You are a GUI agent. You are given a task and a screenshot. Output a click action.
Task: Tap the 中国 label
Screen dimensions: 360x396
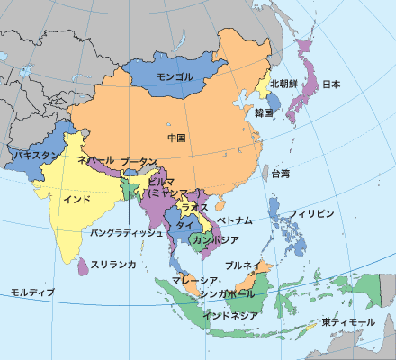(176, 138)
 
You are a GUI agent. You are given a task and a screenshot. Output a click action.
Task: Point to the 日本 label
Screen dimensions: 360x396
(331, 85)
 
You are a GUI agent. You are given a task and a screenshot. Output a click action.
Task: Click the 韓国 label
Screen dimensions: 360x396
(264, 112)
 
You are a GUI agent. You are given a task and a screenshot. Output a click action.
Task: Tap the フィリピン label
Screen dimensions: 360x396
(312, 213)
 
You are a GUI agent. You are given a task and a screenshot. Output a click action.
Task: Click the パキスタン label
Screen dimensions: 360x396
(36, 155)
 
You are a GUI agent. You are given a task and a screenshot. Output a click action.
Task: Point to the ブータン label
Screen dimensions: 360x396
(138, 159)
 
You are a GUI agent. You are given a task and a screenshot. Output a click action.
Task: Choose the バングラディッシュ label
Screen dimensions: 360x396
(127, 232)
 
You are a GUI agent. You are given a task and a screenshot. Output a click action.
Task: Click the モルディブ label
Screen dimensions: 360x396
(32, 292)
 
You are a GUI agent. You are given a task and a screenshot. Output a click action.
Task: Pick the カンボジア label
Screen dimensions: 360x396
(216, 240)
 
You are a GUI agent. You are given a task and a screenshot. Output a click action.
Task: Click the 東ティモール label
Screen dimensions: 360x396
(346, 322)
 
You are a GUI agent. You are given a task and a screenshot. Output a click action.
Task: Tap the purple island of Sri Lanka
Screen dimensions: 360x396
(84, 265)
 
